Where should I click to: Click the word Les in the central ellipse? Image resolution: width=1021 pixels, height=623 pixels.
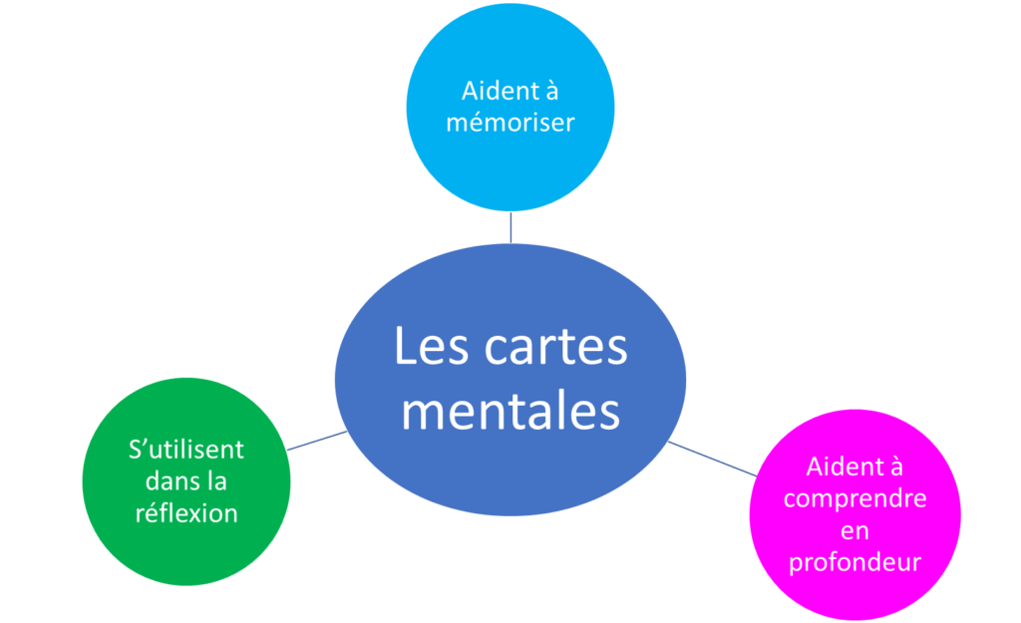(431, 348)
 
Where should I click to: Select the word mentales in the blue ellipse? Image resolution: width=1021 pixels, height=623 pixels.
(510, 409)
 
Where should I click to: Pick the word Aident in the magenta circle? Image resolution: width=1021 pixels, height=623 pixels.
(841, 467)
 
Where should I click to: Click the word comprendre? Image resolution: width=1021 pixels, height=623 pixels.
(854, 498)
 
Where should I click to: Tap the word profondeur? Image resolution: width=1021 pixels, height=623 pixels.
(854, 562)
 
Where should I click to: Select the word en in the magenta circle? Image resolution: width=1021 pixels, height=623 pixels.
(854, 530)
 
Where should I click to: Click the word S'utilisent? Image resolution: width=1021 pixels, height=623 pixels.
(186, 450)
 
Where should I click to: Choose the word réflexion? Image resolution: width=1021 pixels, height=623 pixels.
(186, 513)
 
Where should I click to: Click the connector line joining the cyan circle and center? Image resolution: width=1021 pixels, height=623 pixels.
(510, 227)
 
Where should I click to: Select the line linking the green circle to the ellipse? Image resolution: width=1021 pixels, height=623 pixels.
(317, 441)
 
